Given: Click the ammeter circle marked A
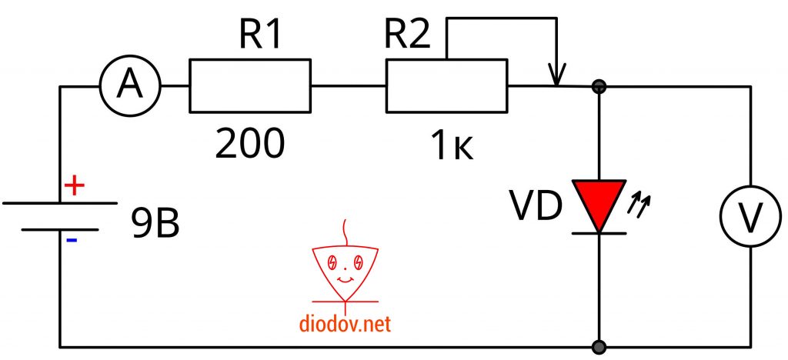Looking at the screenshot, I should click(129, 87).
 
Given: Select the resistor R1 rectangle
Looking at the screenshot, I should click(250, 87).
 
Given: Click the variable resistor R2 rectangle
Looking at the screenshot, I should click(446, 87).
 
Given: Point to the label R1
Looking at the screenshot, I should click(260, 35).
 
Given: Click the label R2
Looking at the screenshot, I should click(407, 35).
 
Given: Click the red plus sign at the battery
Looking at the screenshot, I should click(73, 187).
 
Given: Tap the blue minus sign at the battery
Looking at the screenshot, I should click(71, 240).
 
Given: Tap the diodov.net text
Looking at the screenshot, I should click(346, 325).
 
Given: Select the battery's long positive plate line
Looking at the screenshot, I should click(60, 203).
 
